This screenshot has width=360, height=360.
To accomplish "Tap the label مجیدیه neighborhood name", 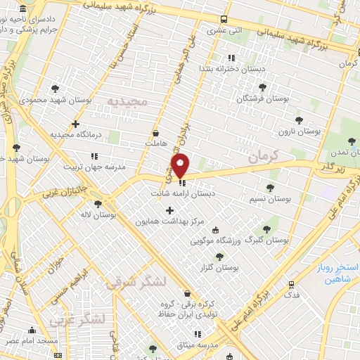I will point(128,102).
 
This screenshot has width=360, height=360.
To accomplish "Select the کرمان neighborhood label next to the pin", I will point(264,155).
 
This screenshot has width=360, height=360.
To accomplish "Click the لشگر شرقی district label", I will point(136,283).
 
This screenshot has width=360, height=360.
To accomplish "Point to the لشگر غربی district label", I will point(77,321).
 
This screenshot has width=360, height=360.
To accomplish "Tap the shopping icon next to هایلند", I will point(155,132).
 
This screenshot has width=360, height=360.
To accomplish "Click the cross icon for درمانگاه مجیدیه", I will point(75,124).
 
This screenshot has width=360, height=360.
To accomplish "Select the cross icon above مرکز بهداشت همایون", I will point(169,210).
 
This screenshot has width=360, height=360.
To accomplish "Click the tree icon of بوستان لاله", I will point(98,204).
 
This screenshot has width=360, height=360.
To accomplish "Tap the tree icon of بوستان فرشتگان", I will point(262,87).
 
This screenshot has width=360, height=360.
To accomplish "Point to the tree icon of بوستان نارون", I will point(300,121).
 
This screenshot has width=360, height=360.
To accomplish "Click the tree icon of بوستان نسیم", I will point(271,188).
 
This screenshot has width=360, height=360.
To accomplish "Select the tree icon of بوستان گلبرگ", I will point(266,229).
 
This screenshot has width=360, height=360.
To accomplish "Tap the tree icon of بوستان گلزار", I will point(219,257).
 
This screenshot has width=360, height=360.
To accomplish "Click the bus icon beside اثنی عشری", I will point(224,20).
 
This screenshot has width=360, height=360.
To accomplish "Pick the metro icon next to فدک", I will point(291,284).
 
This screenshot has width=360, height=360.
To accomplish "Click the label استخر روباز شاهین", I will point(335,274).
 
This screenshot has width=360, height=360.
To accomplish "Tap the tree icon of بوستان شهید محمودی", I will point(55,89).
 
